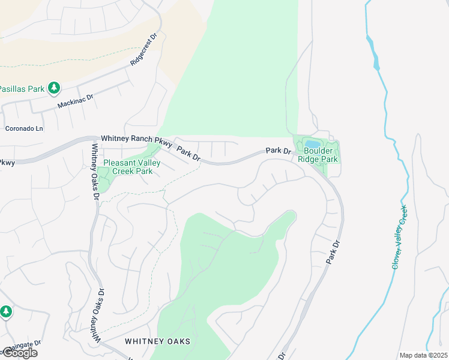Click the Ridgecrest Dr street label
pyautogui.click(x=143, y=49)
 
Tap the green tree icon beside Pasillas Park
pyautogui.click(x=54, y=88)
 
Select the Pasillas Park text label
pyautogui.click(x=22, y=89)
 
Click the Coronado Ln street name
pyautogui.click(x=25, y=128)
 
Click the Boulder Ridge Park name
pyautogui.click(x=321, y=155)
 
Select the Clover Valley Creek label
pyautogui.click(x=400, y=236)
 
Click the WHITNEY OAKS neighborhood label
pyautogui.click(x=157, y=341)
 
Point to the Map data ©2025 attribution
pyautogui.click(x=423, y=355)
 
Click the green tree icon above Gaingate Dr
pyautogui.click(x=6, y=311)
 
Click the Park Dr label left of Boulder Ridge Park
pyautogui.click(x=278, y=151)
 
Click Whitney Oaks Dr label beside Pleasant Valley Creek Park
pyautogui.click(x=95, y=172)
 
